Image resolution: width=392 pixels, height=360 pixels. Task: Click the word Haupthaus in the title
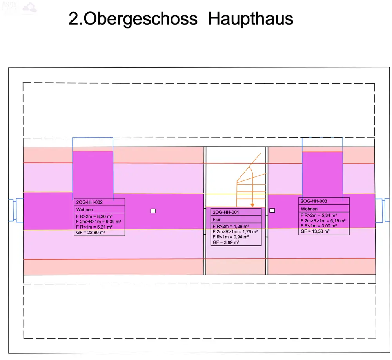[250, 18]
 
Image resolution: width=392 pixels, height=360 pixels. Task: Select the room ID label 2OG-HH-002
[89, 202]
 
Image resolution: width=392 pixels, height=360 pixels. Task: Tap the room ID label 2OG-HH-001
[225, 212]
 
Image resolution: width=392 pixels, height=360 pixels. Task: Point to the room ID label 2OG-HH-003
[314, 201]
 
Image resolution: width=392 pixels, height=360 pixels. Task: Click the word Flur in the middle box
[217, 220]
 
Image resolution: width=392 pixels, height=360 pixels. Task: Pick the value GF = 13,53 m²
[315, 231]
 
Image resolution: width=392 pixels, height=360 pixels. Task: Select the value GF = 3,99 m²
[226, 242]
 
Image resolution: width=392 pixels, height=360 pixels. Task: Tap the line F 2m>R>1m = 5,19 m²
[323, 220]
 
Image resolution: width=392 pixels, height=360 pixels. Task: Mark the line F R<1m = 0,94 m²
[230, 237]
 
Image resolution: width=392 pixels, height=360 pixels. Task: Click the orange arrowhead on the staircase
[252, 205]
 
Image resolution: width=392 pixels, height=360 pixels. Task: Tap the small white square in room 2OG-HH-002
[153, 211]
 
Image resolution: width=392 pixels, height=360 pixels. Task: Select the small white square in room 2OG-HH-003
[272, 210]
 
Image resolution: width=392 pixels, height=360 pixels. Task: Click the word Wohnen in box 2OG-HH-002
[85, 210]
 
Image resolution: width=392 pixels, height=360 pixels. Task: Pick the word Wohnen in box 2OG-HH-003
[309, 209]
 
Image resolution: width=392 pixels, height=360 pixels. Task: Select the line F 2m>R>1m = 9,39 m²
[98, 222]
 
